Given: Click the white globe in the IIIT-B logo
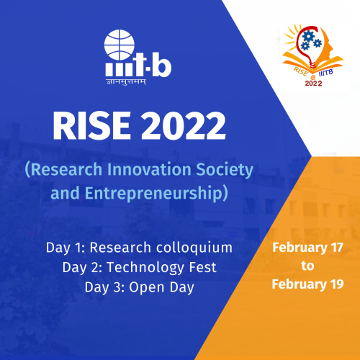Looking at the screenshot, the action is coord(120,45).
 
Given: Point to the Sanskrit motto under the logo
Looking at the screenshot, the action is coord(126,82).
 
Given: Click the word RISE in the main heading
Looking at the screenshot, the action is coord(91,125).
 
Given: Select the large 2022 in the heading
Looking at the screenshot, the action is coord(184,125).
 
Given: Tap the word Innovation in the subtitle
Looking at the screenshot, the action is coord(149,169).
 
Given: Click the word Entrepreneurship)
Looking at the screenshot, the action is coord(156,194).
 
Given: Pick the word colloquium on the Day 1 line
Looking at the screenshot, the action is coord(194,248).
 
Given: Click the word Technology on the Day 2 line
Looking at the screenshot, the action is coord(145,268).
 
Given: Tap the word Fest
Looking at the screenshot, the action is coord(203,267).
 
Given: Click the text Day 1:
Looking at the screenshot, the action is coord(66,248).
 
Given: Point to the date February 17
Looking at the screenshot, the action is coord(307,248).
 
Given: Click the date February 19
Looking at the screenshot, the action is coord(307,284).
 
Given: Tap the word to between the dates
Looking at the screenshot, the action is coord(307,266).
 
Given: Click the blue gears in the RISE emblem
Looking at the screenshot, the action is coord(311,40).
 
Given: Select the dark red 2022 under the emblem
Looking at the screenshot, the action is coord(313,84).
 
